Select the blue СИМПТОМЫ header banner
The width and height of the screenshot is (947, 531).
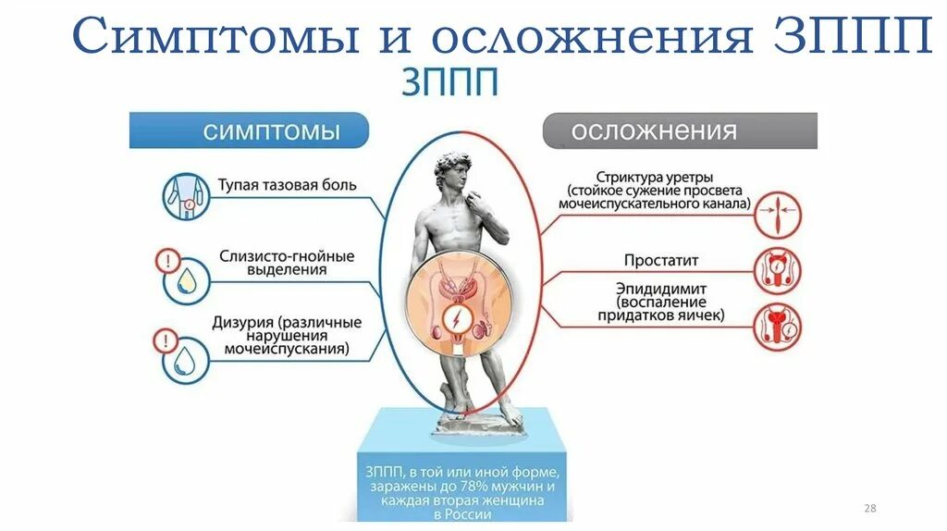[249, 130]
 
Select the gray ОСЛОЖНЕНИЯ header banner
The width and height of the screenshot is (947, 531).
[679, 130]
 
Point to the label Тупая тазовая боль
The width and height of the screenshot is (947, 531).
[288, 185]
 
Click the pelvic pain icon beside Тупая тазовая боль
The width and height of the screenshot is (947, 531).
[183, 196]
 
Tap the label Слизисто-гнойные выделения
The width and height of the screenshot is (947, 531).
[288, 263]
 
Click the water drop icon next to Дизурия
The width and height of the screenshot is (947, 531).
[183, 356]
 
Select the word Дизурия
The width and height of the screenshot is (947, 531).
[249, 323]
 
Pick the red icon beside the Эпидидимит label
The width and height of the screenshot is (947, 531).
[778, 327]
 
